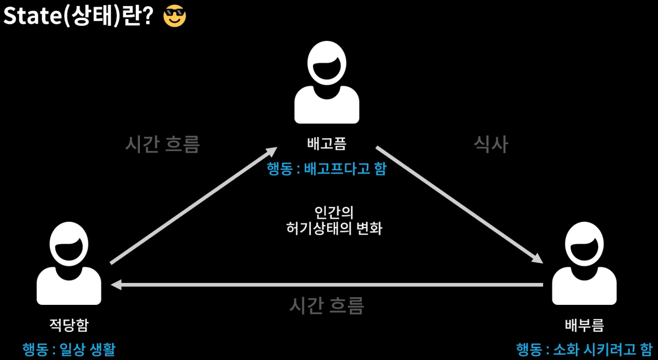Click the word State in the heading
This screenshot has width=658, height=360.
coord(33,16)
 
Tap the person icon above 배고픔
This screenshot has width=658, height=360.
coord(327,82)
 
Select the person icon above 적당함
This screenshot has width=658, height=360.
coord(69,263)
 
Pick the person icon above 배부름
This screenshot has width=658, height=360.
coord(584,263)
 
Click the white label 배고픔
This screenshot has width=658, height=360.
coord(327,143)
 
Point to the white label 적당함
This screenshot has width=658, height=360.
coord(69,324)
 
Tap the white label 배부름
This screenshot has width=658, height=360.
coord(584,324)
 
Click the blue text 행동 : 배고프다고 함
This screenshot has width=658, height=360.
coord(327,168)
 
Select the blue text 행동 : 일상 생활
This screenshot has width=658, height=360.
coord(69,349)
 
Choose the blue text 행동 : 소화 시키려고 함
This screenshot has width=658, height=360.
coord(584,349)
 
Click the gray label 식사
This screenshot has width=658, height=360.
coord(491,144)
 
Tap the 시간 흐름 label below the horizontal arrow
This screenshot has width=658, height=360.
coord(327,305)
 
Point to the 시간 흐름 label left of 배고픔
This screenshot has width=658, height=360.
coord(163,144)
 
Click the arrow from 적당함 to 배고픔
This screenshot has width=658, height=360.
coord(194,205)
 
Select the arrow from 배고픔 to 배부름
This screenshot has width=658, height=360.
coord(459,205)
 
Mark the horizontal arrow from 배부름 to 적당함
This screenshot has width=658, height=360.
coord(327,285)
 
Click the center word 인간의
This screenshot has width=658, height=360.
coord(334,212)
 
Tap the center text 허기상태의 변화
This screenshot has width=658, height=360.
coord(334,228)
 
